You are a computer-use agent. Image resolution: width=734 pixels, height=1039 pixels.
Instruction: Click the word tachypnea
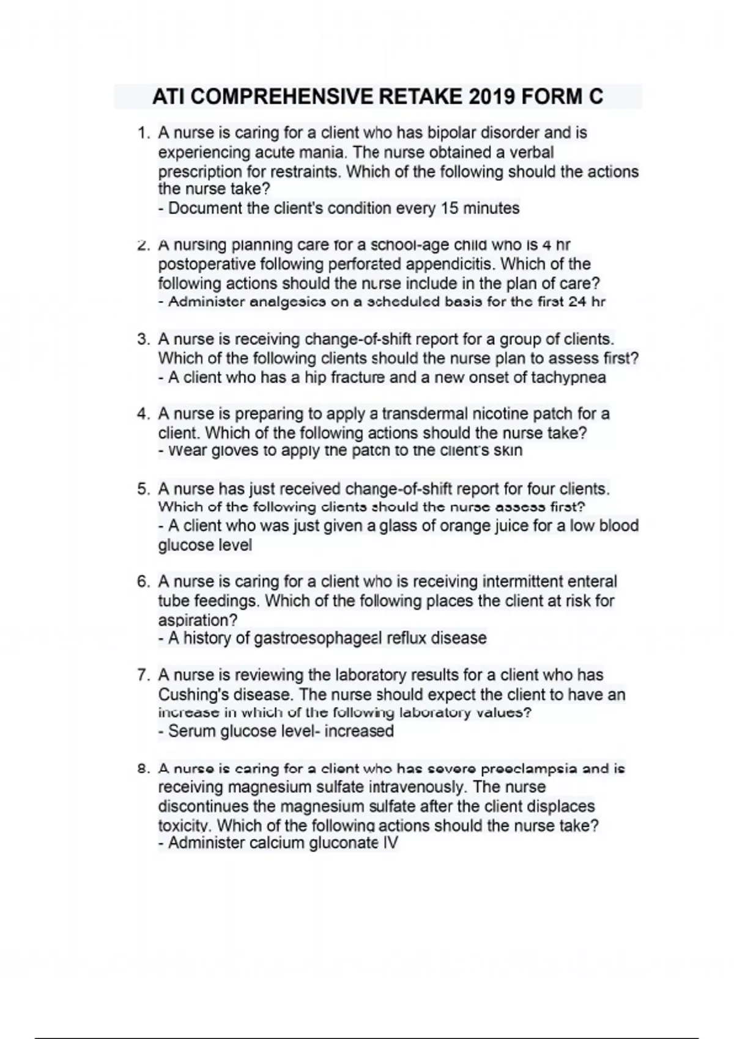click(568, 378)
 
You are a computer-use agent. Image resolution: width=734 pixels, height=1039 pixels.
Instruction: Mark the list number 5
click(143, 489)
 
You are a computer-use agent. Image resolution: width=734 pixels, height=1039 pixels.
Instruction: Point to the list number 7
click(143, 675)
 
